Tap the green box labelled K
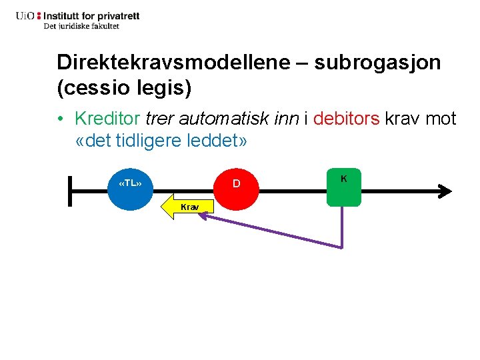[343, 187]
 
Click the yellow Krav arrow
[186, 208]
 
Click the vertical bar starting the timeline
[70, 191]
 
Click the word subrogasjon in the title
[377, 63]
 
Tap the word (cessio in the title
[91, 87]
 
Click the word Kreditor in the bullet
[107, 119]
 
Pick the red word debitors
[346, 119]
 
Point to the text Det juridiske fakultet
[81, 27]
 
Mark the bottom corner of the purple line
[342, 247]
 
